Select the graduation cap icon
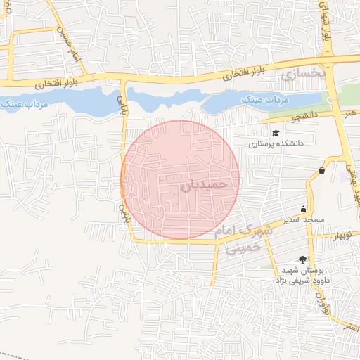point(276,131)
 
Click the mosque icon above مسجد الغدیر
point(303,208)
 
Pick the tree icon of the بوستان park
point(302,259)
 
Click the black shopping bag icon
point(321,170)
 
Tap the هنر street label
point(349,112)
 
